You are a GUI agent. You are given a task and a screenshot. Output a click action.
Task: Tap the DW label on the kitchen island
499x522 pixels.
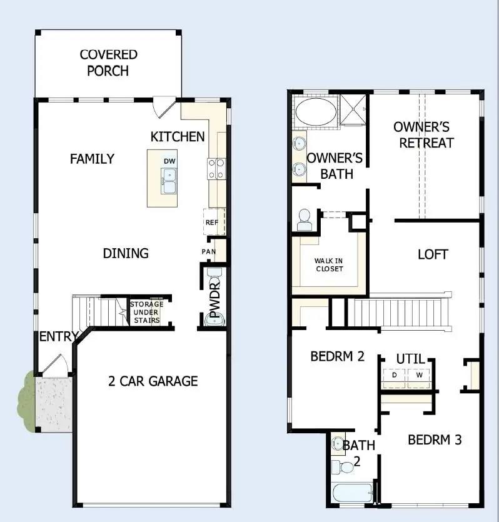tap(169, 161)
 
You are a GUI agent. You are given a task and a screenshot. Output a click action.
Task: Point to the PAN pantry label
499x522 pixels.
tap(208, 251)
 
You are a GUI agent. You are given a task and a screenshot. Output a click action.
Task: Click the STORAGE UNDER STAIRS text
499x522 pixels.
tap(146, 312)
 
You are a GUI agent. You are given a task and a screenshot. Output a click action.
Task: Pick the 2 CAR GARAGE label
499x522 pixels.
tap(153, 381)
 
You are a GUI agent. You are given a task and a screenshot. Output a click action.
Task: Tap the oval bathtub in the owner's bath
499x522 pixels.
tap(315, 113)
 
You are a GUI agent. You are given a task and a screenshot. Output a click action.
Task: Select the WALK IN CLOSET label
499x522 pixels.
tap(329, 264)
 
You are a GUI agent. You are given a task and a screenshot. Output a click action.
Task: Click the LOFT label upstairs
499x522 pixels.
tap(433, 254)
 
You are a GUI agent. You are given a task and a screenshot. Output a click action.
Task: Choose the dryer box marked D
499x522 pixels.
tap(395, 375)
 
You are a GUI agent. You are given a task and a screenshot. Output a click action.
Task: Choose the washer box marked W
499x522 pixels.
tap(419, 375)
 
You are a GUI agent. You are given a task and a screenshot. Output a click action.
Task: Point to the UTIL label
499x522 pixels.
tap(410, 359)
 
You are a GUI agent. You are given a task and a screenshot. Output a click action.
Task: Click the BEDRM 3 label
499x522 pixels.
tap(435, 440)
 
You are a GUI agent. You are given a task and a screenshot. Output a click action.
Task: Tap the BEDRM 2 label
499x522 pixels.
tap(337, 357)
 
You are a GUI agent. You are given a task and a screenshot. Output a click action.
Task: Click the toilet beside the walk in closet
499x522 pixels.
tap(305, 219)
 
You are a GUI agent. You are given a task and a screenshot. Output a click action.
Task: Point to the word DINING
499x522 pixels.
tap(126, 253)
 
